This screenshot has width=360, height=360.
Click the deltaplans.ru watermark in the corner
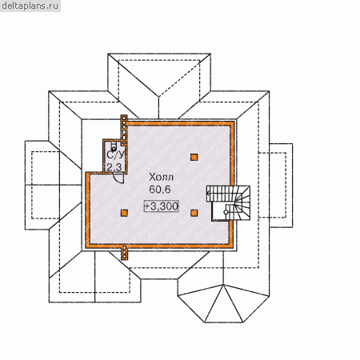[30, 6]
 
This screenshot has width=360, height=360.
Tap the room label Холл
[161, 177]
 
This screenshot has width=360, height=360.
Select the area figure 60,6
[160, 190]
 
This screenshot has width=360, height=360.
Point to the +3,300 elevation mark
[161, 206]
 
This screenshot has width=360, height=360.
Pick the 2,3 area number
[114, 167]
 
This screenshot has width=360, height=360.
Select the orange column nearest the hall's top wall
[194, 157]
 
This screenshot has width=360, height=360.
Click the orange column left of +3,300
[124, 213]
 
